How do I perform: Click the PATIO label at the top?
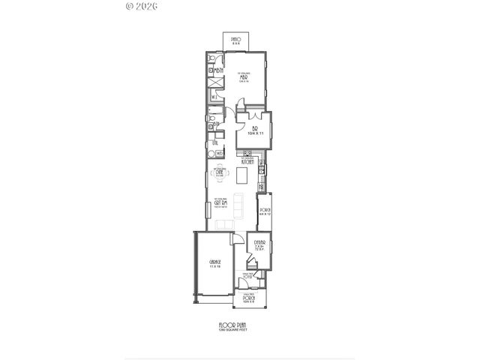235,39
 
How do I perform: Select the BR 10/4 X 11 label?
254,130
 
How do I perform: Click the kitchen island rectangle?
241,175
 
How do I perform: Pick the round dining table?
220,172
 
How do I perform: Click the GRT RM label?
220,202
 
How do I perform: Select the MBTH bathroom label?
220,72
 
